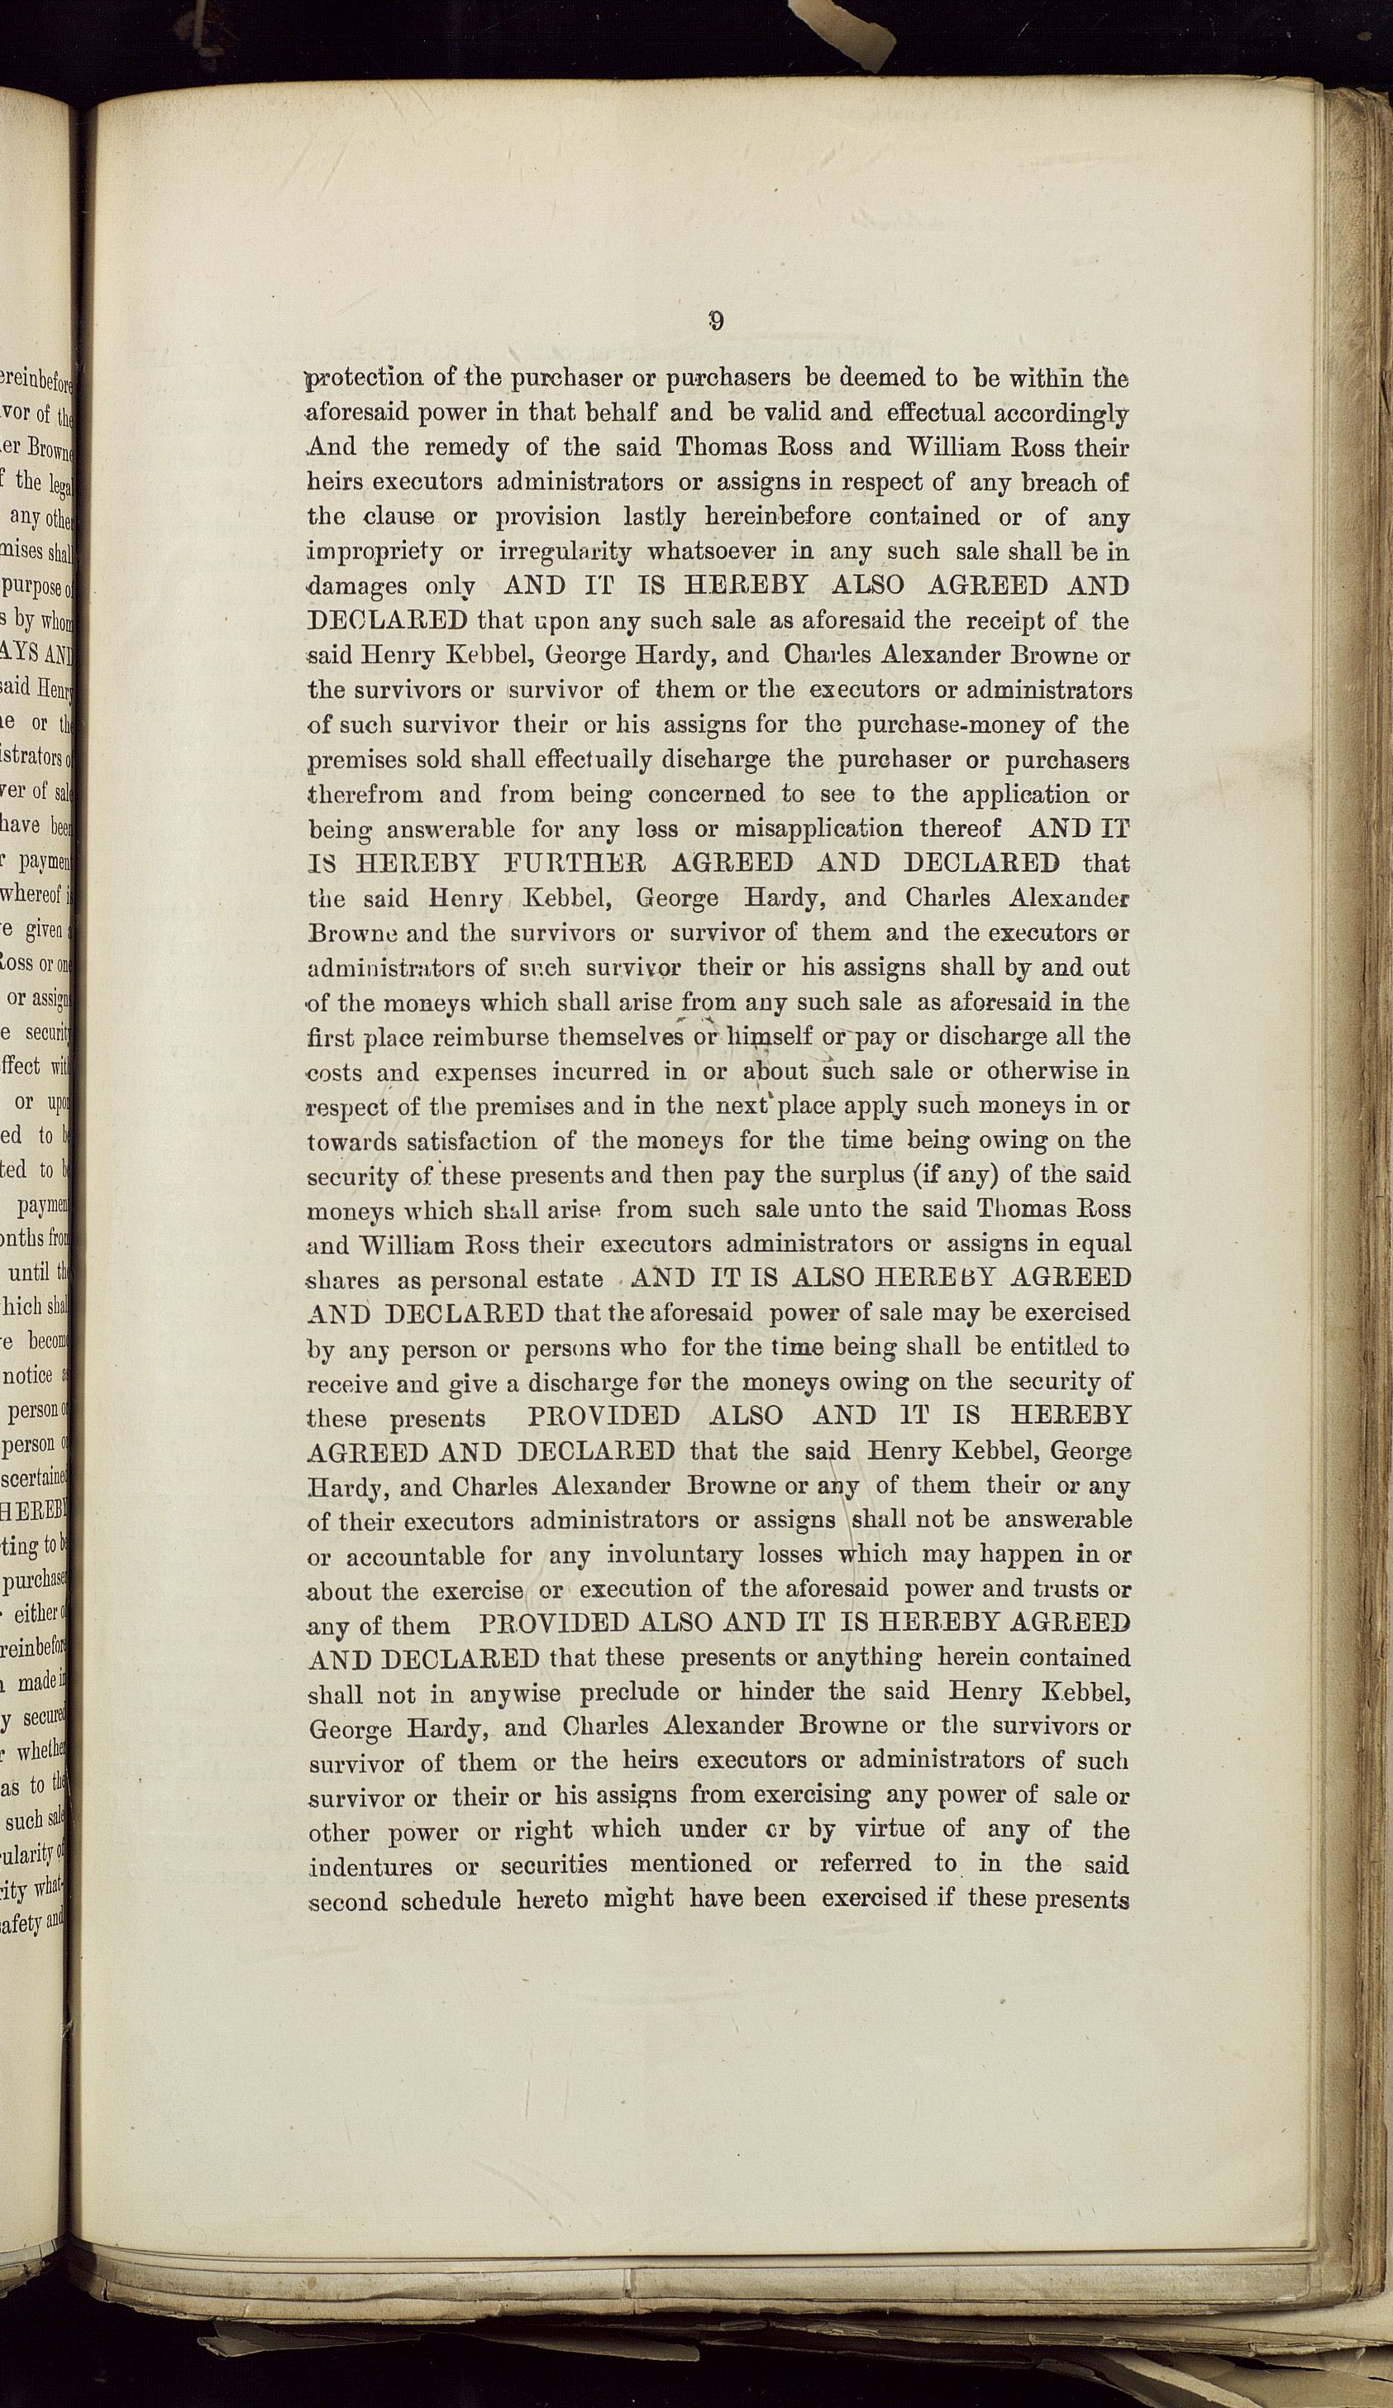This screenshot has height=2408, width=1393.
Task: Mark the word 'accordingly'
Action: (x=1061, y=413)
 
